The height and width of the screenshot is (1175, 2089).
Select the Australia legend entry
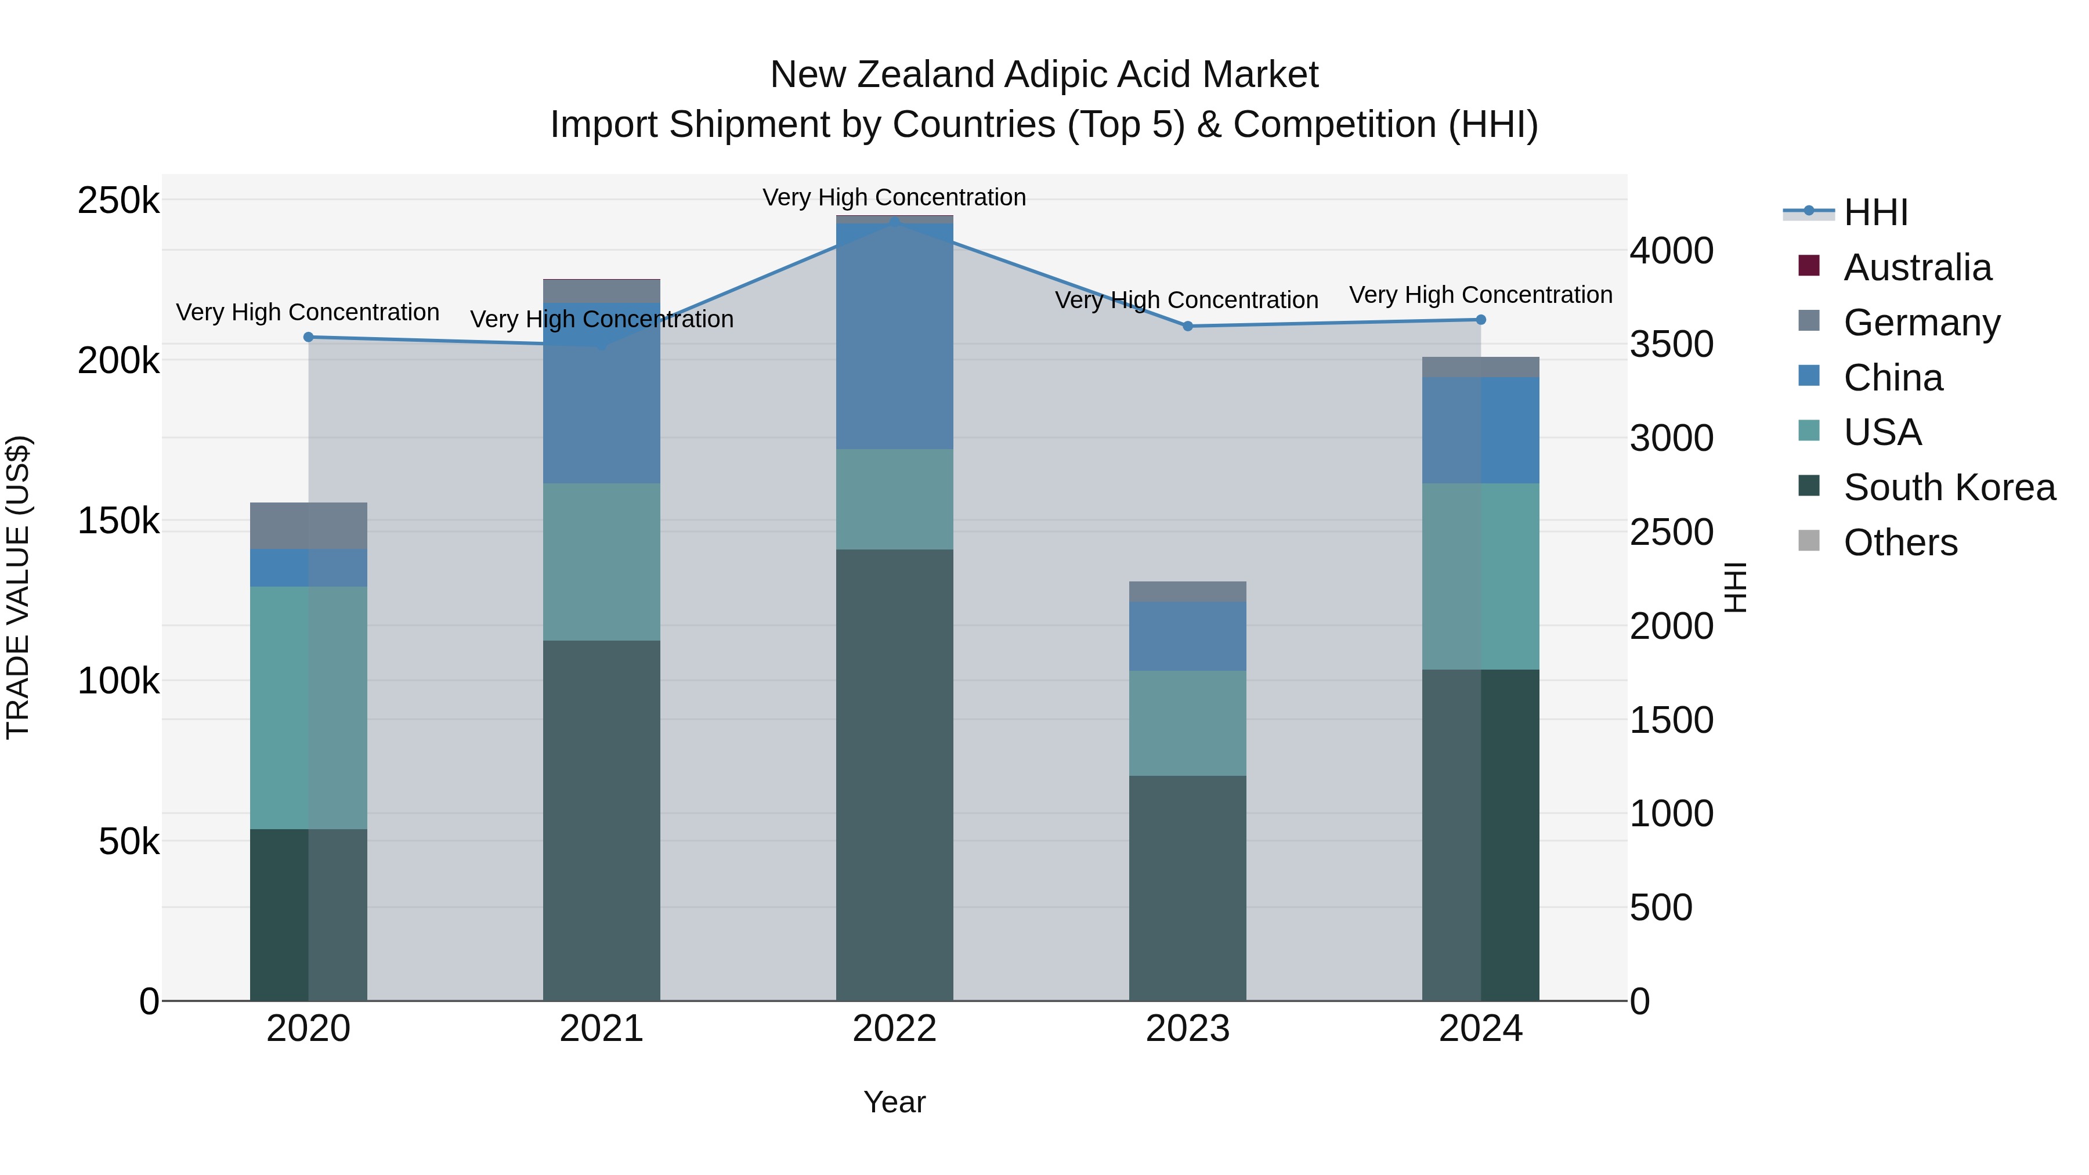coord(1917,267)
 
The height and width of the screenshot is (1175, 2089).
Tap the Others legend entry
coord(1900,543)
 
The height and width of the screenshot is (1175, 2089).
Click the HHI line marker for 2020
coord(308,337)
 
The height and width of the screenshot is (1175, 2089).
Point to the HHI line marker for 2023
coord(1187,326)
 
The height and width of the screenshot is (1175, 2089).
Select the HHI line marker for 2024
coord(1481,320)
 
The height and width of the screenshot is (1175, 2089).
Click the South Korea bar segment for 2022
coord(894,775)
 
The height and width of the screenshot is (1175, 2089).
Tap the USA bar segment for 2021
coord(601,562)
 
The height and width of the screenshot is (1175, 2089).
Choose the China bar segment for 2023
coord(1187,636)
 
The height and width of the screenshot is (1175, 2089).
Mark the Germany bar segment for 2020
coord(308,526)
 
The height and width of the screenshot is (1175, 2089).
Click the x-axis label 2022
coord(894,1029)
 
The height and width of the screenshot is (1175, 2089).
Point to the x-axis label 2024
coord(1481,1029)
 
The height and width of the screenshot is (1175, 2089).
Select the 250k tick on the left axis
coord(118,200)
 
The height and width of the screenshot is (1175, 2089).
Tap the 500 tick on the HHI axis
coord(1661,908)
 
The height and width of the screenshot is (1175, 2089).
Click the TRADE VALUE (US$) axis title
coord(18,587)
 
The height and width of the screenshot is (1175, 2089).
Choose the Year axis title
coord(894,1102)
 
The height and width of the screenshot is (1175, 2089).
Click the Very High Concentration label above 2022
coord(894,197)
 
